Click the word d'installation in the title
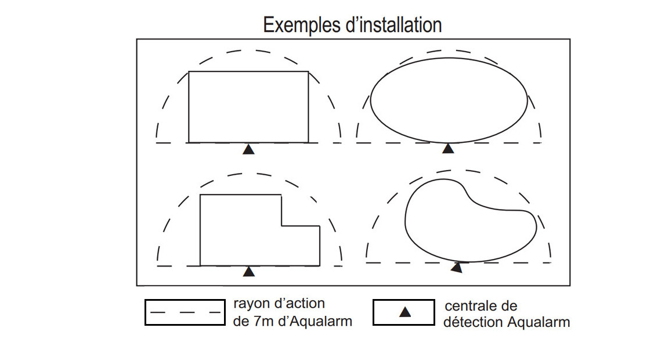point(397,25)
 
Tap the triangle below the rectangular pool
point(248,149)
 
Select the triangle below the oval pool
point(448,149)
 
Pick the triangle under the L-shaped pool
point(249,271)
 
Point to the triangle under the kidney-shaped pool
point(457,268)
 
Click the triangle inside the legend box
point(405,312)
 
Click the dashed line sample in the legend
point(185,312)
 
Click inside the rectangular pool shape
point(248,106)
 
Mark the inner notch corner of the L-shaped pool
point(281,226)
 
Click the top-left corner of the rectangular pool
point(189,71)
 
